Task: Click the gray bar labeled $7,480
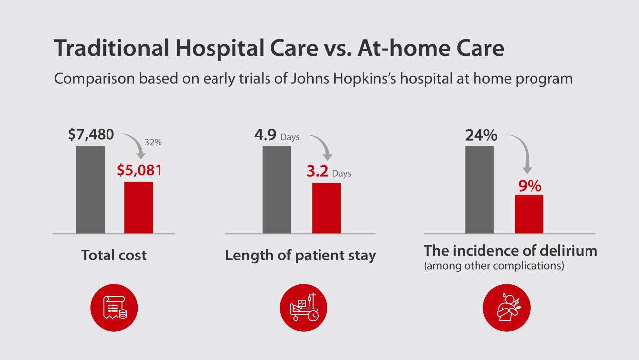click(90, 189)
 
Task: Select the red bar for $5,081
click(139, 207)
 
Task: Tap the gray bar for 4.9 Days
click(276, 189)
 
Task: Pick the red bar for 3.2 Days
click(326, 208)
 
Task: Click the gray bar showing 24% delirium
click(479, 189)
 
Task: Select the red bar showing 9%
click(529, 214)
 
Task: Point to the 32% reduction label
click(154, 142)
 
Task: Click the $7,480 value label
click(92, 135)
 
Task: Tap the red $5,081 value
click(140, 170)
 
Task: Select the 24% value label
click(480, 135)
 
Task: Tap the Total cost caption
click(114, 255)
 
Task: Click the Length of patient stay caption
click(301, 256)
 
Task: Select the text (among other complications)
click(494, 266)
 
